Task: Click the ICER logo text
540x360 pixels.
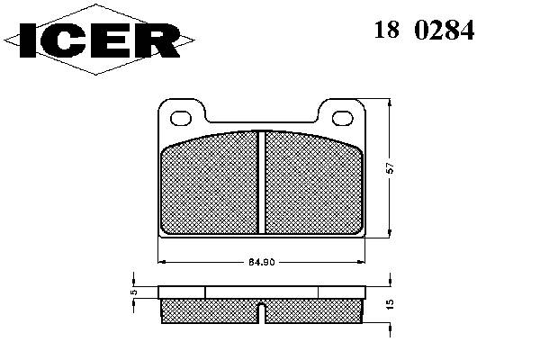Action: (x=100, y=40)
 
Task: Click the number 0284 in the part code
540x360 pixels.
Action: (x=445, y=31)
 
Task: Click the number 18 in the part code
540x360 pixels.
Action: (x=387, y=31)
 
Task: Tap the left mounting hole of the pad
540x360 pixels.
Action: (x=181, y=118)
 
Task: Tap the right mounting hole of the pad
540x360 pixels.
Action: (x=343, y=118)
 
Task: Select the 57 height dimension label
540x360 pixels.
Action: (x=391, y=167)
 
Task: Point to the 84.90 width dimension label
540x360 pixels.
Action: (x=261, y=262)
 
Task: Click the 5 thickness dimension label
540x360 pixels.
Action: (x=134, y=292)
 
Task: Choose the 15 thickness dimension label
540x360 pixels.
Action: (x=390, y=304)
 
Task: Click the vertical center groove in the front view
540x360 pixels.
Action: (x=262, y=182)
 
